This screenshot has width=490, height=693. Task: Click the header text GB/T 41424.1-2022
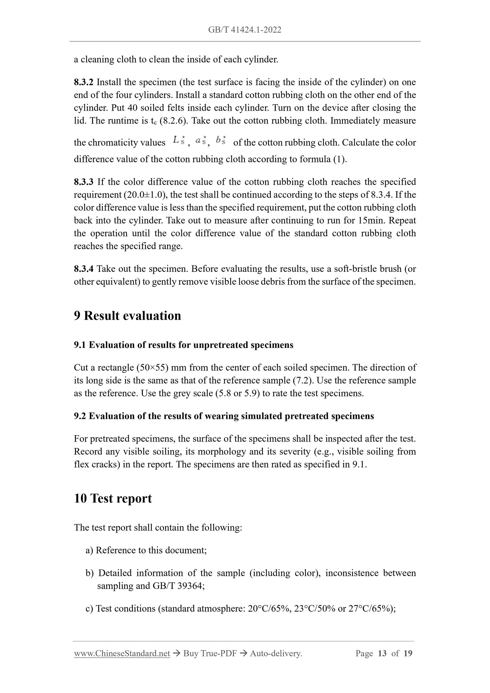click(244, 30)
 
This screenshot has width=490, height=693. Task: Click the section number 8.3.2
click(84, 82)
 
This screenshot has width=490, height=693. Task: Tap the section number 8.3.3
click(84, 182)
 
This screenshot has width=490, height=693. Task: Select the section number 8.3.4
click(84, 269)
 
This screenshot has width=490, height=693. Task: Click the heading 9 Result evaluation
click(127, 316)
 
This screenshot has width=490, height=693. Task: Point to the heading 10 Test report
click(113, 498)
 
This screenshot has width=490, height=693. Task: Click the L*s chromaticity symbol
click(179, 140)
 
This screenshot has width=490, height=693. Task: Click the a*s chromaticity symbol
click(200, 140)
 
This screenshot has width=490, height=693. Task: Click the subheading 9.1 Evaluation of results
click(184, 345)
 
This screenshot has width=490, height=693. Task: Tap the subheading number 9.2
click(80, 416)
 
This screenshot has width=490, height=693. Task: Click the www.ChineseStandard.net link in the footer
click(122, 653)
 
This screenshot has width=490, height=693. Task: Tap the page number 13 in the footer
click(382, 653)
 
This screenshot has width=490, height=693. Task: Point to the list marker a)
click(89, 550)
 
